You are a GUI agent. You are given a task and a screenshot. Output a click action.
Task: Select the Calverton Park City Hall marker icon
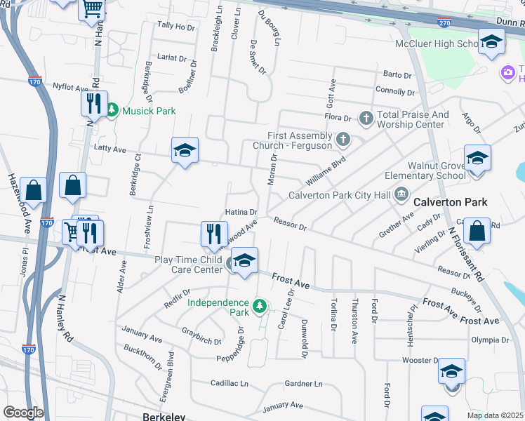[x=401, y=193]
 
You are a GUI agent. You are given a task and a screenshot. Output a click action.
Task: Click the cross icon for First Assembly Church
[x=343, y=139]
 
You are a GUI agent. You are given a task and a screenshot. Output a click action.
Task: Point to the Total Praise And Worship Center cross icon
[x=366, y=118]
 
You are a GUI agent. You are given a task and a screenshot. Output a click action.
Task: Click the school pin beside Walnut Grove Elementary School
[x=477, y=159]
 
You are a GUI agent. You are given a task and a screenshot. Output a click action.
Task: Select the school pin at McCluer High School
[x=491, y=43]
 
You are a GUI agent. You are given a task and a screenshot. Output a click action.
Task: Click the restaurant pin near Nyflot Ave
[x=93, y=105]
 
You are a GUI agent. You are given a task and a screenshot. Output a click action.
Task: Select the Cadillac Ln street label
[x=230, y=384]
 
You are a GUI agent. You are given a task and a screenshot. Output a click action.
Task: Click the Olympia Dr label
[x=491, y=340]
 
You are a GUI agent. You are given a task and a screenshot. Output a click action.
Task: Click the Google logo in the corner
[x=23, y=413]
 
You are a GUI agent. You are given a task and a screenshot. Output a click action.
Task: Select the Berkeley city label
[x=164, y=416]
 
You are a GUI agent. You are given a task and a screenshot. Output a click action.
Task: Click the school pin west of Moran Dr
[x=185, y=151]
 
